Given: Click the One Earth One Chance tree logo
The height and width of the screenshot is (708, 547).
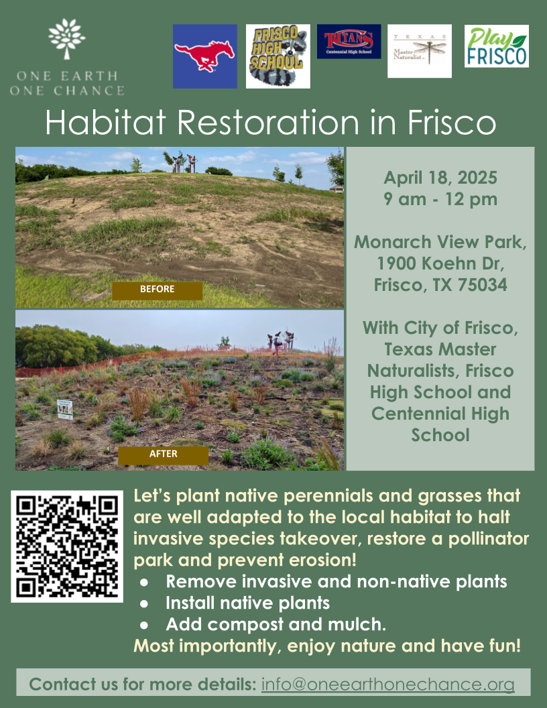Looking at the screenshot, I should pos(67,40).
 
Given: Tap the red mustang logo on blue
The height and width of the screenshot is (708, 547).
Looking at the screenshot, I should pos(204,56).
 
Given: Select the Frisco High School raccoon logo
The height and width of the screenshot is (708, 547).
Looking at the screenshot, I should pos(278,56).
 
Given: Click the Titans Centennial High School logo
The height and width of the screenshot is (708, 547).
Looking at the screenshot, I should pos(349,42).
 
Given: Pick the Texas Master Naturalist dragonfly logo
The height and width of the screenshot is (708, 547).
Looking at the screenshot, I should pos(420,51).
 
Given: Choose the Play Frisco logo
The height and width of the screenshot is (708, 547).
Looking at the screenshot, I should pos(497,46).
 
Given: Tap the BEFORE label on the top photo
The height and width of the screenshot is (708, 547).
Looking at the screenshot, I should pos(157,290).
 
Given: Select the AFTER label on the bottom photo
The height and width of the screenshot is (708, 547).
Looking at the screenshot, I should pos(164,454).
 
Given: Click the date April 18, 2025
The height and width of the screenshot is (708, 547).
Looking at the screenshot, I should pos(440,178).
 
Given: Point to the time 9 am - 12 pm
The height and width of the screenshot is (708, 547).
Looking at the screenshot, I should pos(440,199).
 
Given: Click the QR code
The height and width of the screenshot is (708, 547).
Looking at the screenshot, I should pos(67,546).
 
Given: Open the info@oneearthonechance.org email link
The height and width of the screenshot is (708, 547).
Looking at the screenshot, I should pos(387,685).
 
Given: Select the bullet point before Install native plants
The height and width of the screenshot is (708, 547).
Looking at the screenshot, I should pos(143,603).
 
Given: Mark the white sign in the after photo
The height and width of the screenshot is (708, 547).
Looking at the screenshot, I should pos(65,409).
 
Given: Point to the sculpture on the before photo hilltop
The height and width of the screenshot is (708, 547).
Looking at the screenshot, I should pos(178,161).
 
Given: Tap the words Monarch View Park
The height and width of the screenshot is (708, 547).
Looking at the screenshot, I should pos(440,242).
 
